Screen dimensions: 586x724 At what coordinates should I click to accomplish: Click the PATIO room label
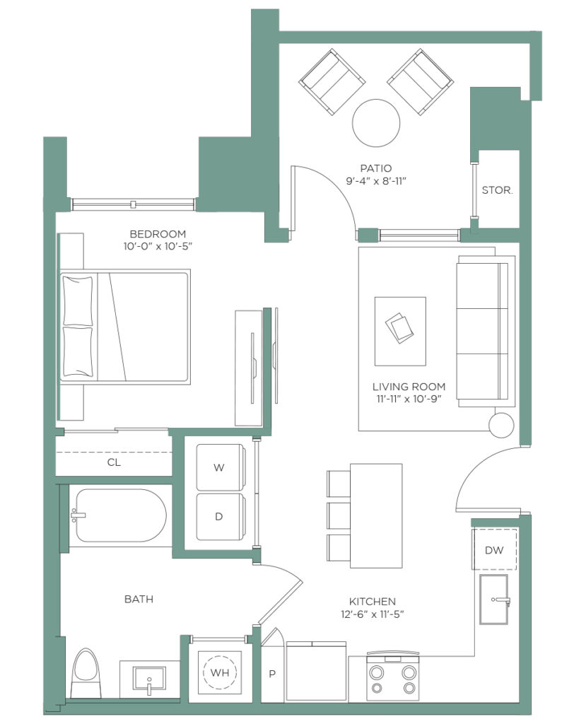[x=376, y=168]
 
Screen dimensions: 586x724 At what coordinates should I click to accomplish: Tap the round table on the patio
[x=376, y=123]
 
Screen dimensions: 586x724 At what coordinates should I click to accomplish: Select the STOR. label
[x=497, y=189]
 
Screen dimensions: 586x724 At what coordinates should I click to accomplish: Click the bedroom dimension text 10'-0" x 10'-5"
[x=158, y=246]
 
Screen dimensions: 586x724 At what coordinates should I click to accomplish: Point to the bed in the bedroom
[x=124, y=327]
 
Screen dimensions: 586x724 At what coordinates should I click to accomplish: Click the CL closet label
[x=114, y=462]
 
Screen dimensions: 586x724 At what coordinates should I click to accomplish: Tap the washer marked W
[x=221, y=467]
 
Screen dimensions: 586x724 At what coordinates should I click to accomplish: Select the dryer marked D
[x=221, y=517]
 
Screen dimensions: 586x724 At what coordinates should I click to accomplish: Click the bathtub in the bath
[x=121, y=515]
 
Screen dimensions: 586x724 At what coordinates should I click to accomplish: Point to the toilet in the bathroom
[x=86, y=674]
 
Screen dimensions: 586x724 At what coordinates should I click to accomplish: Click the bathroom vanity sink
[x=149, y=678]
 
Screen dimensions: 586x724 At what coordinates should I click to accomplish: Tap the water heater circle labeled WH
[x=220, y=672]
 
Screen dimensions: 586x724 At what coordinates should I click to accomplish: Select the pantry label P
[x=272, y=674]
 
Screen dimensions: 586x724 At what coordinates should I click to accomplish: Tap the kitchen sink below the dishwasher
[x=493, y=600]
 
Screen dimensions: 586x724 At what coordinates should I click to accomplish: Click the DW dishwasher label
[x=493, y=550]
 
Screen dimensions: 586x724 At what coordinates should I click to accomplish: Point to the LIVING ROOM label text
[x=409, y=387]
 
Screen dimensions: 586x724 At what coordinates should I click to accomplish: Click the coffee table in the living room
[x=400, y=331]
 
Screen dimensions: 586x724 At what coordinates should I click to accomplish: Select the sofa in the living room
[x=486, y=332]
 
